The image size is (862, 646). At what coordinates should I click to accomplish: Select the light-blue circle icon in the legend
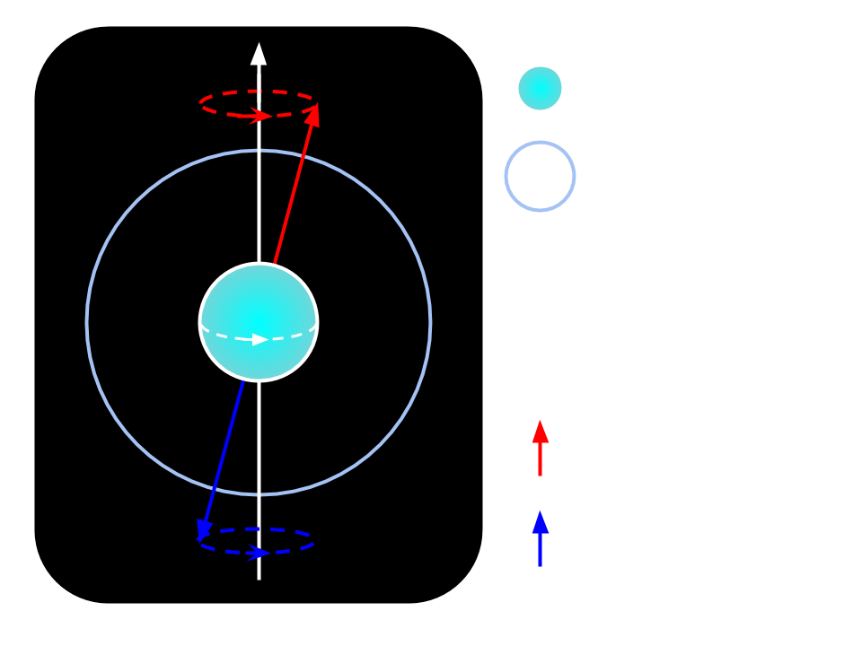(540, 176)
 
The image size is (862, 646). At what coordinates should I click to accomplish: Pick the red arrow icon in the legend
(540, 447)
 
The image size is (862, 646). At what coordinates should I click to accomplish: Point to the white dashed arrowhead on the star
(261, 340)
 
